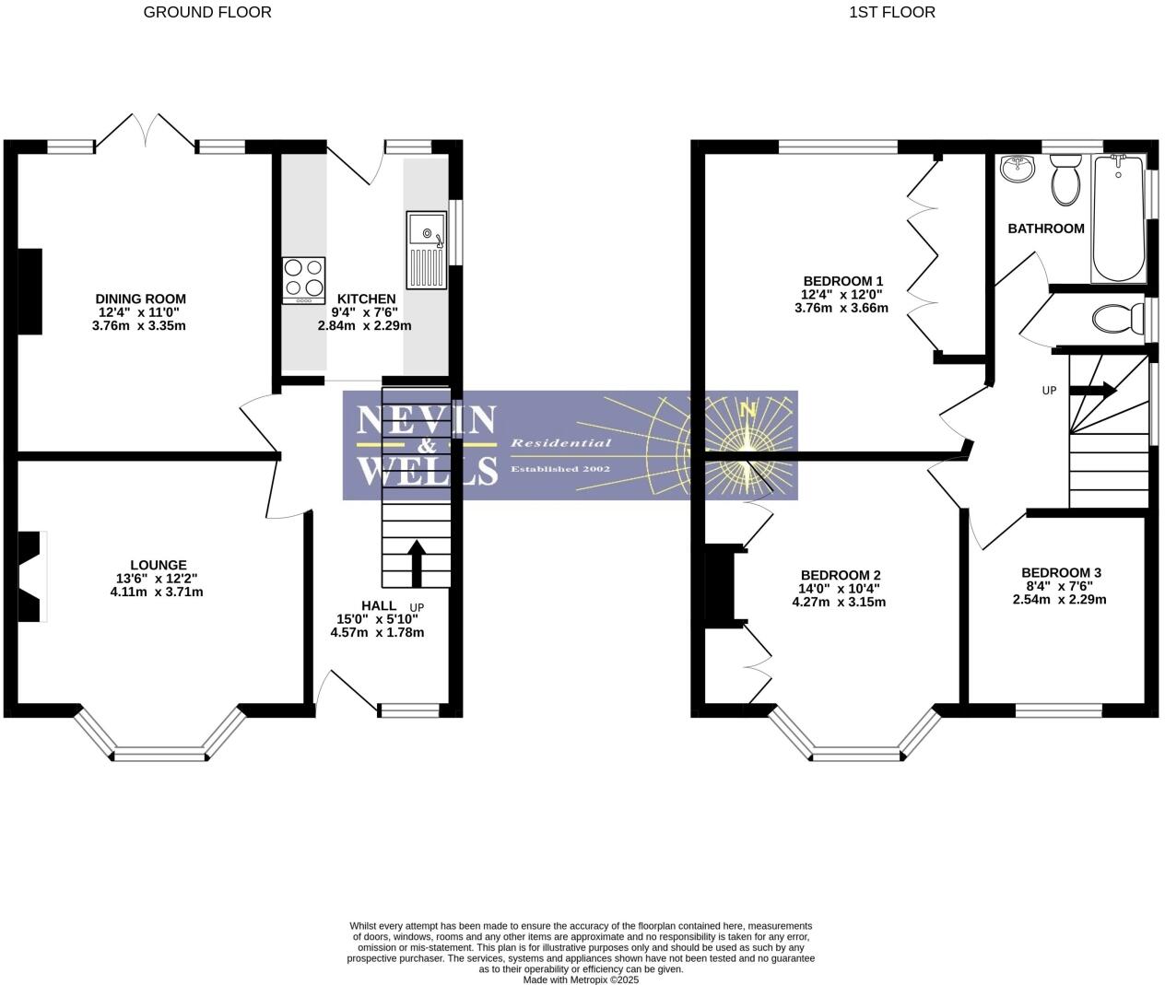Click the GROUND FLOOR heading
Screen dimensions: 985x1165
207,12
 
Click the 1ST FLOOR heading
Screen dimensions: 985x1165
891,12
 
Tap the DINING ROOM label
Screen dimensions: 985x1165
140,299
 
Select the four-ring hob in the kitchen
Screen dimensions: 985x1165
304,279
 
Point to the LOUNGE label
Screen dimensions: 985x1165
158,565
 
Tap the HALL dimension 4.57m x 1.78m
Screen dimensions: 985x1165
377,633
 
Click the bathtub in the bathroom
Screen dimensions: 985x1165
1116,219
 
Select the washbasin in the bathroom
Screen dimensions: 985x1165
1016,169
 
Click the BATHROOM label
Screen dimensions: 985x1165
1045,229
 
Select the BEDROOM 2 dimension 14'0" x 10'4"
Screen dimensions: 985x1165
839,589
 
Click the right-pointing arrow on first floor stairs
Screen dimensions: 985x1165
1094,390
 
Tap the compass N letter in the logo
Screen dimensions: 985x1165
748,411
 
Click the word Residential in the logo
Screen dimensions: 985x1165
560,443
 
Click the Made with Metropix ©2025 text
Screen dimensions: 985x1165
581,979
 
